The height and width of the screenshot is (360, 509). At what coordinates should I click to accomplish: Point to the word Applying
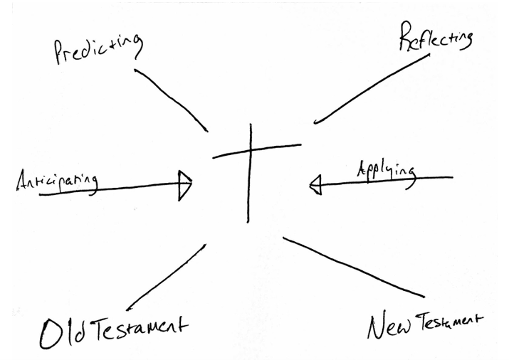[385, 170]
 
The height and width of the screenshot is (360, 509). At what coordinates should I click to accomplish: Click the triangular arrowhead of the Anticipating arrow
[185, 186]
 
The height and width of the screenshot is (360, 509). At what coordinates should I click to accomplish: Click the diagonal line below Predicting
[171, 100]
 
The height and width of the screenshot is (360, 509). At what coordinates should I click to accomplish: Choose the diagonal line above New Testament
[354, 267]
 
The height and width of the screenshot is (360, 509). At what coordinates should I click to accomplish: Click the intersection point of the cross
[251, 150]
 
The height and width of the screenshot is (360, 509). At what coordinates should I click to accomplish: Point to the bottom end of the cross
[249, 221]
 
